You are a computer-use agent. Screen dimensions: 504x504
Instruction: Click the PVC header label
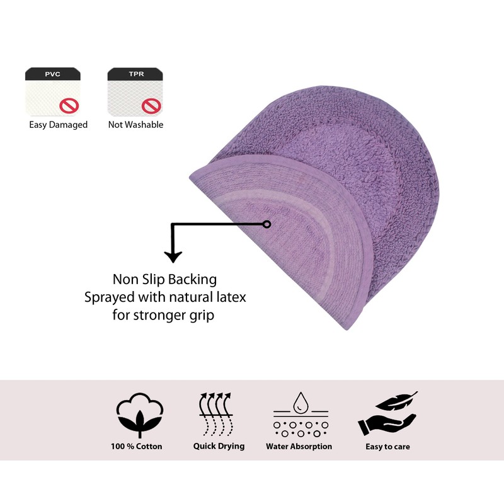click(52, 74)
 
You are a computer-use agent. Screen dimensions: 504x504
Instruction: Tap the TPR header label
click(135, 74)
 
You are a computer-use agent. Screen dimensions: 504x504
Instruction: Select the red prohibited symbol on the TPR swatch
click(151, 105)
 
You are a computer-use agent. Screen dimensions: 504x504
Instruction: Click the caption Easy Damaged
click(58, 125)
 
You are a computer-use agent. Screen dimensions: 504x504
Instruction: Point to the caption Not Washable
click(135, 125)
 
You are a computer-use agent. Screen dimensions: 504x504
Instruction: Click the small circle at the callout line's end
click(267, 224)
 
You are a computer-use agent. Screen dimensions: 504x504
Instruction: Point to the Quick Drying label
click(219, 447)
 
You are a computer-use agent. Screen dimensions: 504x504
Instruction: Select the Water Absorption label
click(299, 447)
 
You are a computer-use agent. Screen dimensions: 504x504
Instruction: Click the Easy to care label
click(387, 447)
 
